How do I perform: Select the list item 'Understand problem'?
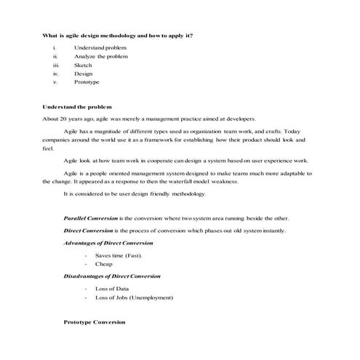(100, 47)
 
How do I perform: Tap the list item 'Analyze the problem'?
(101, 56)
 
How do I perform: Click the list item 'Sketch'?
(83, 65)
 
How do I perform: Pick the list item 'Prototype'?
(87, 82)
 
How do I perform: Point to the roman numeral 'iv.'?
(55, 73)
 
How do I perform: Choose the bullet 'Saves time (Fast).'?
(119, 256)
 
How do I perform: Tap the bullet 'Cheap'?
(104, 265)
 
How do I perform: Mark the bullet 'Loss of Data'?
(112, 289)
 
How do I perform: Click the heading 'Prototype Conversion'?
(95, 321)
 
